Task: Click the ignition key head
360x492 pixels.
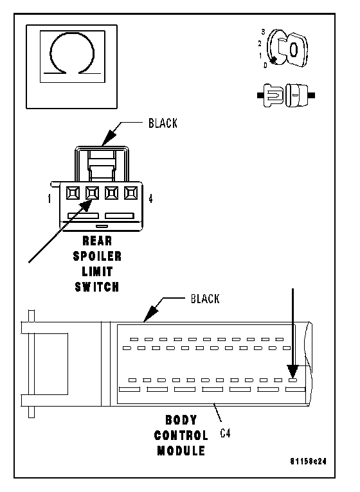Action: (x=294, y=49)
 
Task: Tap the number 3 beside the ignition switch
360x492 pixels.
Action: (x=263, y=31)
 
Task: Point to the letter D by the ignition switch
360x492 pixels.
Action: (x=265, y=66)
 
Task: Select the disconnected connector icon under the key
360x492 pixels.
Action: (x=286, y=96)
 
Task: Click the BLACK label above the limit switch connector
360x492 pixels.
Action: (x=163, y=123)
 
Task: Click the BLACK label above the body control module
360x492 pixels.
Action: (x=205, y=299)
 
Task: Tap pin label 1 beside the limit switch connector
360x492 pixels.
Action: (x=50, y=198)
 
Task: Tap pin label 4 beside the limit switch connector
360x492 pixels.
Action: (x=151, y=198)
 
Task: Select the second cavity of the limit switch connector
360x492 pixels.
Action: (x=93, y=193)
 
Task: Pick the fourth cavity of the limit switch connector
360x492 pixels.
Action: (x=130, y=193)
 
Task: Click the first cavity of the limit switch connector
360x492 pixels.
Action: (x=73, y=193)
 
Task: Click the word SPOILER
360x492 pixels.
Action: (x=97, y=256)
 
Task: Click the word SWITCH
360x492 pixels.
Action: (x=97, y=287)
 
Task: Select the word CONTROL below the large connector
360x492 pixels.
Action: (x=181, y=435)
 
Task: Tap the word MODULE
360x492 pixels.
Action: (x=181, y=451)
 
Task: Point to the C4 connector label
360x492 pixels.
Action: (x=225, y=434)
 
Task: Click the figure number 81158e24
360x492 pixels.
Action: (x=308, y=461)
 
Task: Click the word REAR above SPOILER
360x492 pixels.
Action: (x=97, y=241)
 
